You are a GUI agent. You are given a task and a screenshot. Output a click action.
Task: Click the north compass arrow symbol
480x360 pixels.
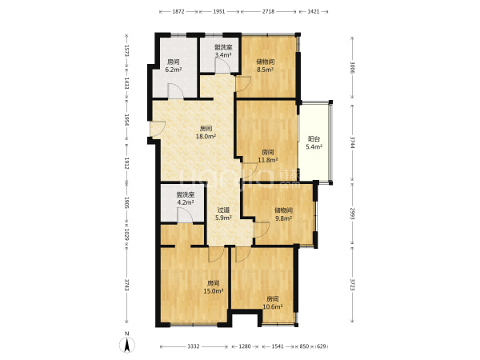127,343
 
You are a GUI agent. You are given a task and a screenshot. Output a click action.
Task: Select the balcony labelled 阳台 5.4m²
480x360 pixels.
314,143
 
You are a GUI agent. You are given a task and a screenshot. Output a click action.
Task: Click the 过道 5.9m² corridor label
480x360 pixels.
223,214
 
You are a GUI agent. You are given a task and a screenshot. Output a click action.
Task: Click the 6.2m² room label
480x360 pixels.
174,66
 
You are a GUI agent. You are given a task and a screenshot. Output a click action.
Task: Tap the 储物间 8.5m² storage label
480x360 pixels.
265,66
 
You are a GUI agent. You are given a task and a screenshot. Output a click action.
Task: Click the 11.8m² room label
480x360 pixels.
268,156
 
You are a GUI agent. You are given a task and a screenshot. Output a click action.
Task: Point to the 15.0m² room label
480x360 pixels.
213,287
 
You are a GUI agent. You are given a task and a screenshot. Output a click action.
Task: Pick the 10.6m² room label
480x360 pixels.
273,302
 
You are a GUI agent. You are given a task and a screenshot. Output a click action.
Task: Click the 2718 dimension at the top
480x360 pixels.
268,12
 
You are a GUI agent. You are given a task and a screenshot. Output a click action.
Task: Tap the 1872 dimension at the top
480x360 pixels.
178,12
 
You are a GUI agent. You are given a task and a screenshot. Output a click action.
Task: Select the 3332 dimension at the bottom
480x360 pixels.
194,346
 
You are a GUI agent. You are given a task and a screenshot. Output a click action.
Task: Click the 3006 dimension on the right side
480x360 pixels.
353,68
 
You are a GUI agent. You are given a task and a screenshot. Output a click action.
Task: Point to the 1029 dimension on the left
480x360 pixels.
126,234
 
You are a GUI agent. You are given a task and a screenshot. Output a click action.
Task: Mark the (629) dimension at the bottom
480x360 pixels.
321,346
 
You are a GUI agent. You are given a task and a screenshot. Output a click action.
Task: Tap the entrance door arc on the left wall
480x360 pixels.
158,129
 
